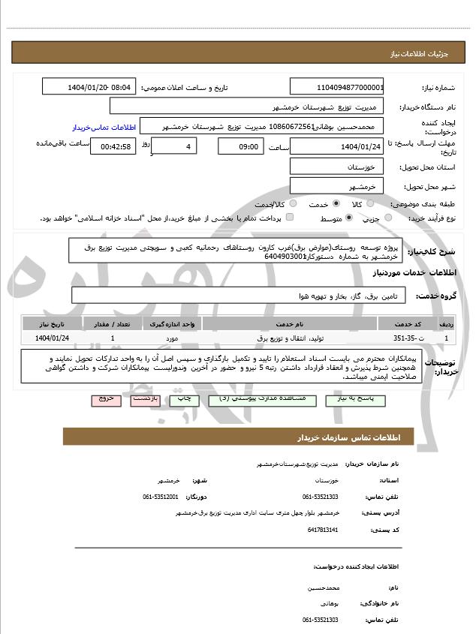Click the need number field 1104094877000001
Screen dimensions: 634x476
[x=337, y=87]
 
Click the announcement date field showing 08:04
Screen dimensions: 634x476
[x=89, y=87]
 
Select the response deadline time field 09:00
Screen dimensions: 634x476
[x=240, y=146]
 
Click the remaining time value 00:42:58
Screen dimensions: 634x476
[x=113, y=146]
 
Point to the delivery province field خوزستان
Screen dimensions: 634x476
[x=337, y=167]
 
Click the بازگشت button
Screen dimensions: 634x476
[x=143, y=400]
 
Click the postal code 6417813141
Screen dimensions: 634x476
[x=323, y=530]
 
